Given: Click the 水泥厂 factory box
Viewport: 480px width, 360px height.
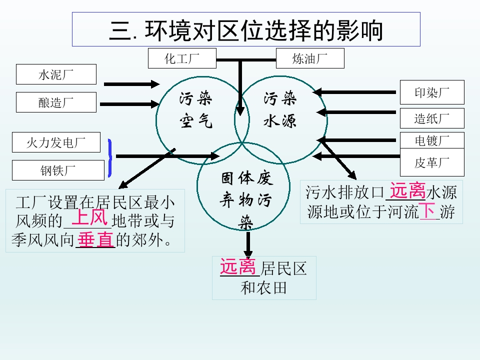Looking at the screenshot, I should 56,74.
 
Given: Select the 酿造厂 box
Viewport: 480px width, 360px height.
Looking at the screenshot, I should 56,102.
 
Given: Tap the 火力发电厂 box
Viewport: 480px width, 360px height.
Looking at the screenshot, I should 56,142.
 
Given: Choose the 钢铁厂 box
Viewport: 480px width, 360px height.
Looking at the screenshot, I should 56,170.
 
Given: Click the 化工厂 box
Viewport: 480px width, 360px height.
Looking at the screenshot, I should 182,58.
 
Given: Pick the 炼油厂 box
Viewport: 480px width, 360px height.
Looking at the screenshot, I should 310,58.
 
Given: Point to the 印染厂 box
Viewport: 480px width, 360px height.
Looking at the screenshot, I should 432,92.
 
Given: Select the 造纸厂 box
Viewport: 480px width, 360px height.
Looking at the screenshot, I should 432,118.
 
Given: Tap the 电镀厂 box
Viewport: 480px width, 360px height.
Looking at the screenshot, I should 432,140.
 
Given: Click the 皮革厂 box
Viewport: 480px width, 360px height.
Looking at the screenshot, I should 432,162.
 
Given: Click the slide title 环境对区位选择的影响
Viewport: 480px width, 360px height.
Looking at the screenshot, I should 246,30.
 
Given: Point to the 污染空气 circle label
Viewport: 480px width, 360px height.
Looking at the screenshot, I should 196,109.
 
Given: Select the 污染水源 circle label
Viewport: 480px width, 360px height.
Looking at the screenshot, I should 280,109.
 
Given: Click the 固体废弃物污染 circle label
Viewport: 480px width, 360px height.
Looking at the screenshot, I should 246,200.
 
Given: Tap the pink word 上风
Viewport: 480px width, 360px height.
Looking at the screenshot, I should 89,218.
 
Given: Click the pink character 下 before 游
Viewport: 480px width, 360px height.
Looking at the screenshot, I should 427,210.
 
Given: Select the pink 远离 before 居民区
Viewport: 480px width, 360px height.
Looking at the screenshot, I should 238,266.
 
